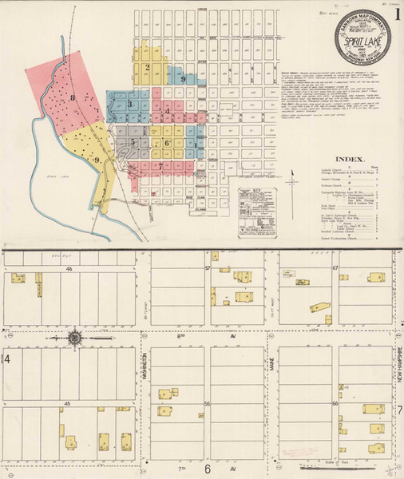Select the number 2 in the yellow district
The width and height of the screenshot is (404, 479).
148,67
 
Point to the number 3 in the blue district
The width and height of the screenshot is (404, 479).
129,103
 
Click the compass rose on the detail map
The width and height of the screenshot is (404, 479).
73,338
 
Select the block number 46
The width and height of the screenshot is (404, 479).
69,270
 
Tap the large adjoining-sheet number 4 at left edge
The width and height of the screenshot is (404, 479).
8,359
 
